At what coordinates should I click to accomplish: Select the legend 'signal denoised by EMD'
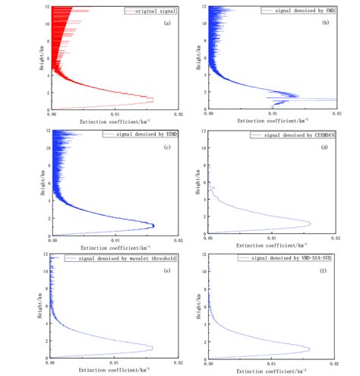tap(310, 10)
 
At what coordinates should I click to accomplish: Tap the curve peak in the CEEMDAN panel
tap(311, 223)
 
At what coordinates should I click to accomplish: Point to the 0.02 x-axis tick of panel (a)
tap(178, 115)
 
